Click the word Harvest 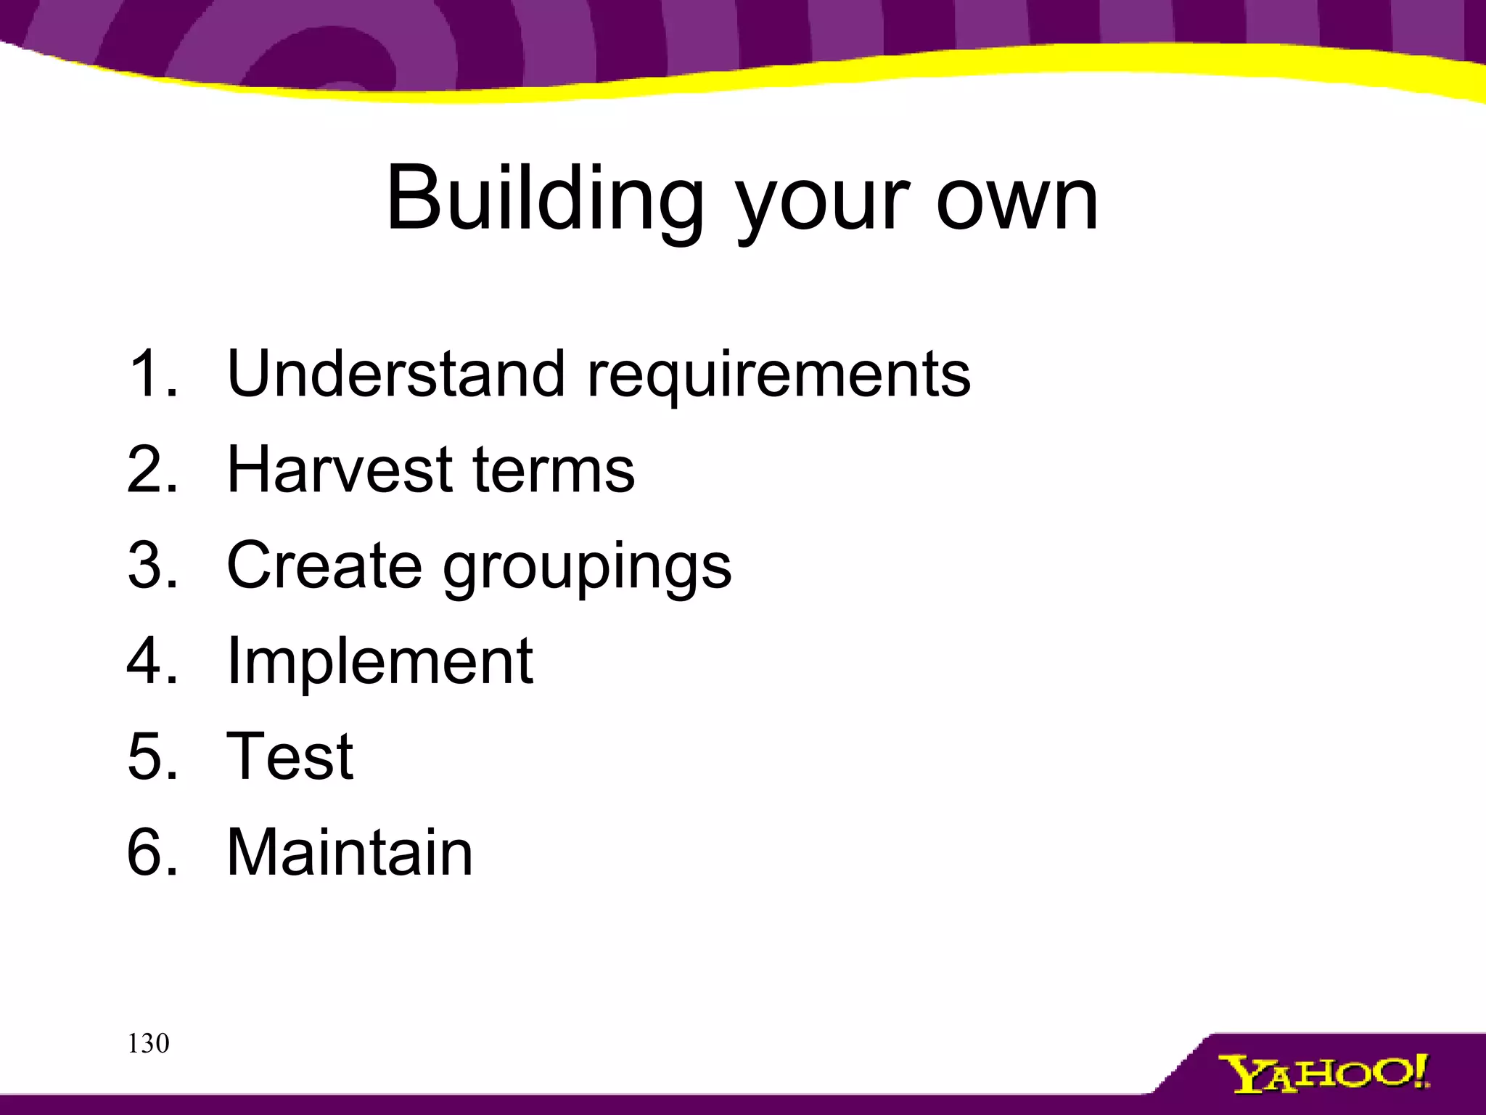pos(340,470)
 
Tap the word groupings pos(587,569)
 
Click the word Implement pos(380,662)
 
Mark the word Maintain pos(350,852)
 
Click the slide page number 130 pos(148,1044)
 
